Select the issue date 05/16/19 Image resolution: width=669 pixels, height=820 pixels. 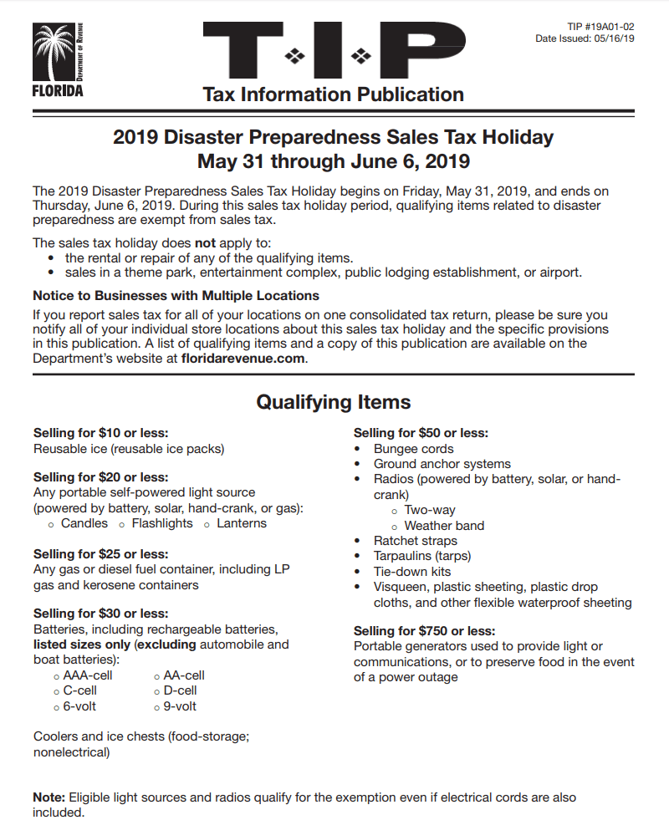click(613, 38)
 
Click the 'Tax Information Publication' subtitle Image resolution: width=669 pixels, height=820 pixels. click(333, 94)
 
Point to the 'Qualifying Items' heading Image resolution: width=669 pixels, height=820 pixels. click(333, 402)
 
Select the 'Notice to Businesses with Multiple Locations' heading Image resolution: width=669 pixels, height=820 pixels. click(176, 296)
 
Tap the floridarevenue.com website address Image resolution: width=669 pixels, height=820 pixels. click(243, 359)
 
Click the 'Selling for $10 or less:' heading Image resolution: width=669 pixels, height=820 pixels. click(100, 433)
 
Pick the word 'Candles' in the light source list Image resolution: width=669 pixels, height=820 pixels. click(84, 523)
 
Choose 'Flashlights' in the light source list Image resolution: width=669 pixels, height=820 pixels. click(161, 523)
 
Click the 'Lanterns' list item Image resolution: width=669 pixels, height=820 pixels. click(241, 523)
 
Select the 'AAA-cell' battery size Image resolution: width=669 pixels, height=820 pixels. click(87, 675)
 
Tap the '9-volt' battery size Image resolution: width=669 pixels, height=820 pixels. click(180, 706)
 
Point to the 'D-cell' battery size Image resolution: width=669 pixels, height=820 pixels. click(180, 690)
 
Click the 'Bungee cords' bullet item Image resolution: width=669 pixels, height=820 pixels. click(413, 449)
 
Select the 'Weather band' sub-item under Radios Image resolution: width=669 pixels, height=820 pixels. click(444, 526)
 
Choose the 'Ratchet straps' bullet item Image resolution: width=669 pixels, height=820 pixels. click(415, 541)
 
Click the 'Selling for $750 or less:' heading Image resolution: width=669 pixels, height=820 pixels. click(424, 631)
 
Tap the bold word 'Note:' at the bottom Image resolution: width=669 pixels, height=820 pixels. click(49, 797)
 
